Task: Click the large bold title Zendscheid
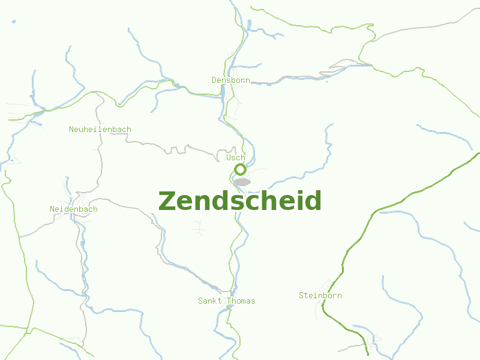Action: point(240,201)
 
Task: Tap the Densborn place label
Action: point(230,80)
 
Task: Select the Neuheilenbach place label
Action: point(100,129)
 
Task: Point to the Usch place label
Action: point(236,157)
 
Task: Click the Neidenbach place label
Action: point(73,209)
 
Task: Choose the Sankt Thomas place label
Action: point(226,301)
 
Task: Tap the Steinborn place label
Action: point(320,295)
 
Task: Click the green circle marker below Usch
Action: point(240,169)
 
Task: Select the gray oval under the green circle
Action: point(242,182)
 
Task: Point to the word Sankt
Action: point(209,301)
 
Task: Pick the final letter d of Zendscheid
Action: point(313,201)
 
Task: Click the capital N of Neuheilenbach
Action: point(71,129)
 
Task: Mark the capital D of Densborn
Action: point(214,80)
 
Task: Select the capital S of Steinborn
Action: point(301,295)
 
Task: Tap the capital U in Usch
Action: point(229,157)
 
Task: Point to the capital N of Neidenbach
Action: point(52,209)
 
